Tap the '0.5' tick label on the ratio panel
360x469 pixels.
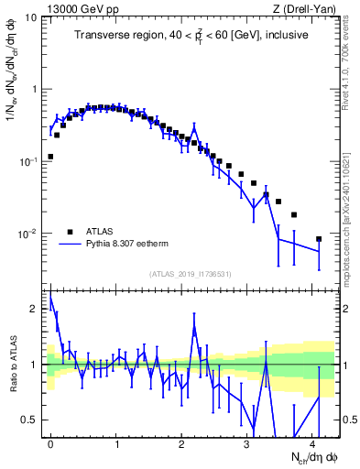point(34,420)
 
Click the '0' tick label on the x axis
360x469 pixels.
point(50,443)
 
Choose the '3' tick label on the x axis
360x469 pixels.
point(247,443)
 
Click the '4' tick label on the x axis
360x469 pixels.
point(313,443)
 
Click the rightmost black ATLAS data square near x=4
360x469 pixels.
point(319,239)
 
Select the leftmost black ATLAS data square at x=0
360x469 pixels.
point(50,157)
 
